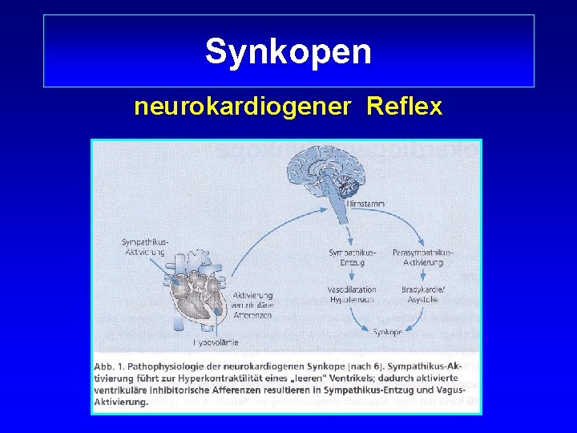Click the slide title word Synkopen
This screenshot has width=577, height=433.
tap(288, 52)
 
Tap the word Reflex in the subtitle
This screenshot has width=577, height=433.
tap(404, 107)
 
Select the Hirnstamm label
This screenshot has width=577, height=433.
tap(365, 204)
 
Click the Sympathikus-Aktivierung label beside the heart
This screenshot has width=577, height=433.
tap(143, 247)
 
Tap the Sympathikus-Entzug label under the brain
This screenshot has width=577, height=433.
tap(352, 257)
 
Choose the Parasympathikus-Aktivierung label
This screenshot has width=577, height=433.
tap(422, 257)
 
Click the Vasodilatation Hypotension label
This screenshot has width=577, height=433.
tap(352, 294)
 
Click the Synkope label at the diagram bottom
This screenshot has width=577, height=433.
tap(388, 331)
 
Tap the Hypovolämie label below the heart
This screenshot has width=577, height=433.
tap(216, 342)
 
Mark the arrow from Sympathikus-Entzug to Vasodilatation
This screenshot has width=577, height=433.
tap(352, 275)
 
